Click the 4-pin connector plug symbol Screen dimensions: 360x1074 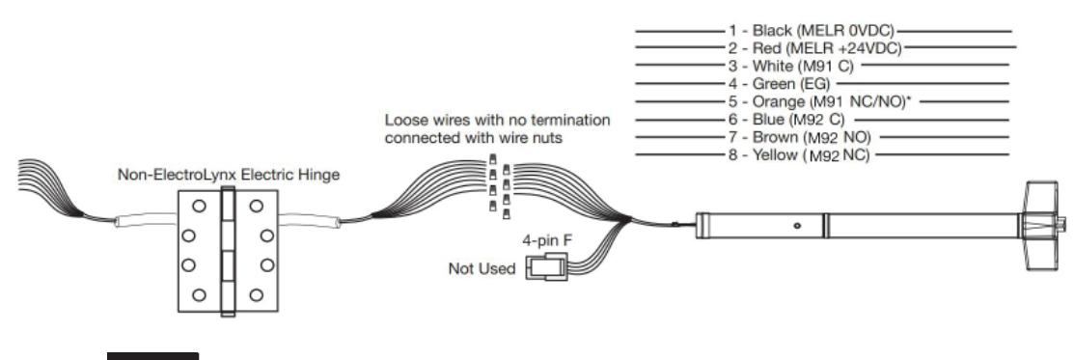(x=541, y=269)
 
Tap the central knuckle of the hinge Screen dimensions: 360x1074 (x=229, y=249)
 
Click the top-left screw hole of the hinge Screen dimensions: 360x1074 (x=199, y=206)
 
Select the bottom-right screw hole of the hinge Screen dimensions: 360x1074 (x=256, y=294)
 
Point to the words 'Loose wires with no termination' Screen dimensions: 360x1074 (x=497, y=121)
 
